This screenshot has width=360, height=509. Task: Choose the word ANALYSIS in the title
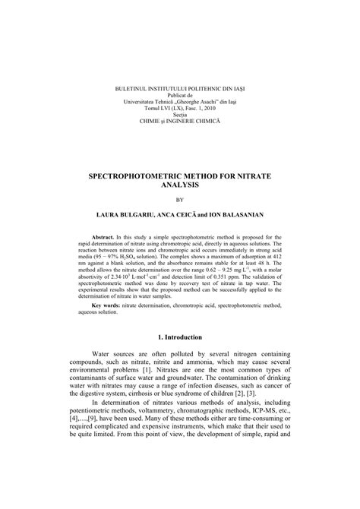pyautogui.click(x=180, y=185)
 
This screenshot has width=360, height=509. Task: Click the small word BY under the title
pyautogui.click(x=180, y=201)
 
